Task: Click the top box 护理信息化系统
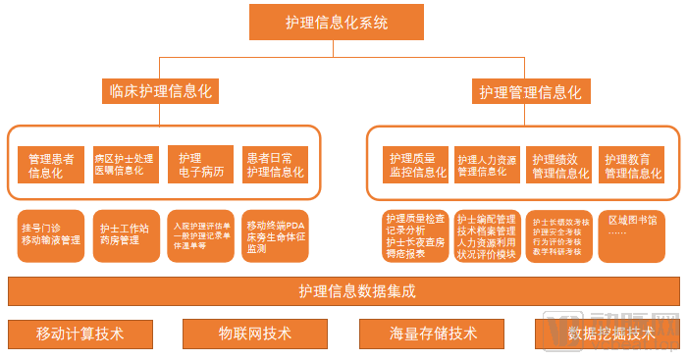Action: click(x=338, y=22)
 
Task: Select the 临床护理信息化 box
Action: click(x=159, y=92)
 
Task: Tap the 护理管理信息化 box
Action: click(x=530, y=92)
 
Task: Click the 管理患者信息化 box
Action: click(x=51, y=166)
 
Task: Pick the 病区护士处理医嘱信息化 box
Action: click(x=124, y=166)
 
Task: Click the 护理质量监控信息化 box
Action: click(x=418, y=166)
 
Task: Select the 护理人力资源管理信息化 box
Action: click(x=488, y=166)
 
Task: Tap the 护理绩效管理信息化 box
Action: click(x=559, y=166)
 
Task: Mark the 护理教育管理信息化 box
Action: click(x=633, y=166)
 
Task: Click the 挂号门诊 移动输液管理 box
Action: click(x=51, y=234)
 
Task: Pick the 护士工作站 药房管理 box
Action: click(x=125, y=234)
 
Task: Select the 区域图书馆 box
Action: click(x=633, y=234)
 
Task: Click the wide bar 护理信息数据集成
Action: click(x=343, y=291)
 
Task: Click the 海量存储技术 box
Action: click(x=433, y=334)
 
